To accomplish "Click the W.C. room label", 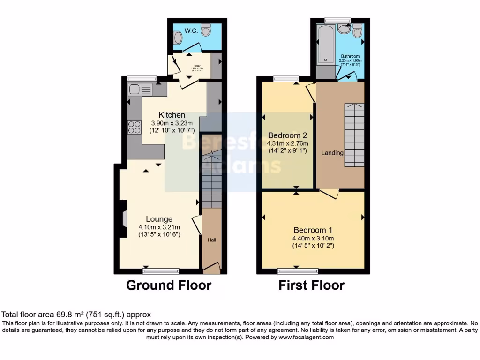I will [x=190, y=31].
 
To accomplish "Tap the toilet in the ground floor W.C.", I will [x=206, y=30].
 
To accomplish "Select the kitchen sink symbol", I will [x=140, y=89].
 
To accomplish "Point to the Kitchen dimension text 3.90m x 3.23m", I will [x=172, y=123].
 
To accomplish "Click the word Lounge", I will [x=159, y=219].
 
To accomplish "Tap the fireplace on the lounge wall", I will [x=123, y=219].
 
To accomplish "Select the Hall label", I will [x=212, y=240].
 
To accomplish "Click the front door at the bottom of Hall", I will [x=212, y=269].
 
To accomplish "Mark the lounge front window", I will [x=161, y=271].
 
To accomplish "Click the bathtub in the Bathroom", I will [x=325, y=45].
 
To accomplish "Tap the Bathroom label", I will [x=351, y=56].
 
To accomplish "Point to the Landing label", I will [x=332, y=153].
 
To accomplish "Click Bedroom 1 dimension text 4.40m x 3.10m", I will [x=313, y=238].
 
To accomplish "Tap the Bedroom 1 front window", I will [x=298, y=271].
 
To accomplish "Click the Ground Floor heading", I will [x=169, y=285].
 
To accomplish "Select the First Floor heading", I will [x=312, y=285].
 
